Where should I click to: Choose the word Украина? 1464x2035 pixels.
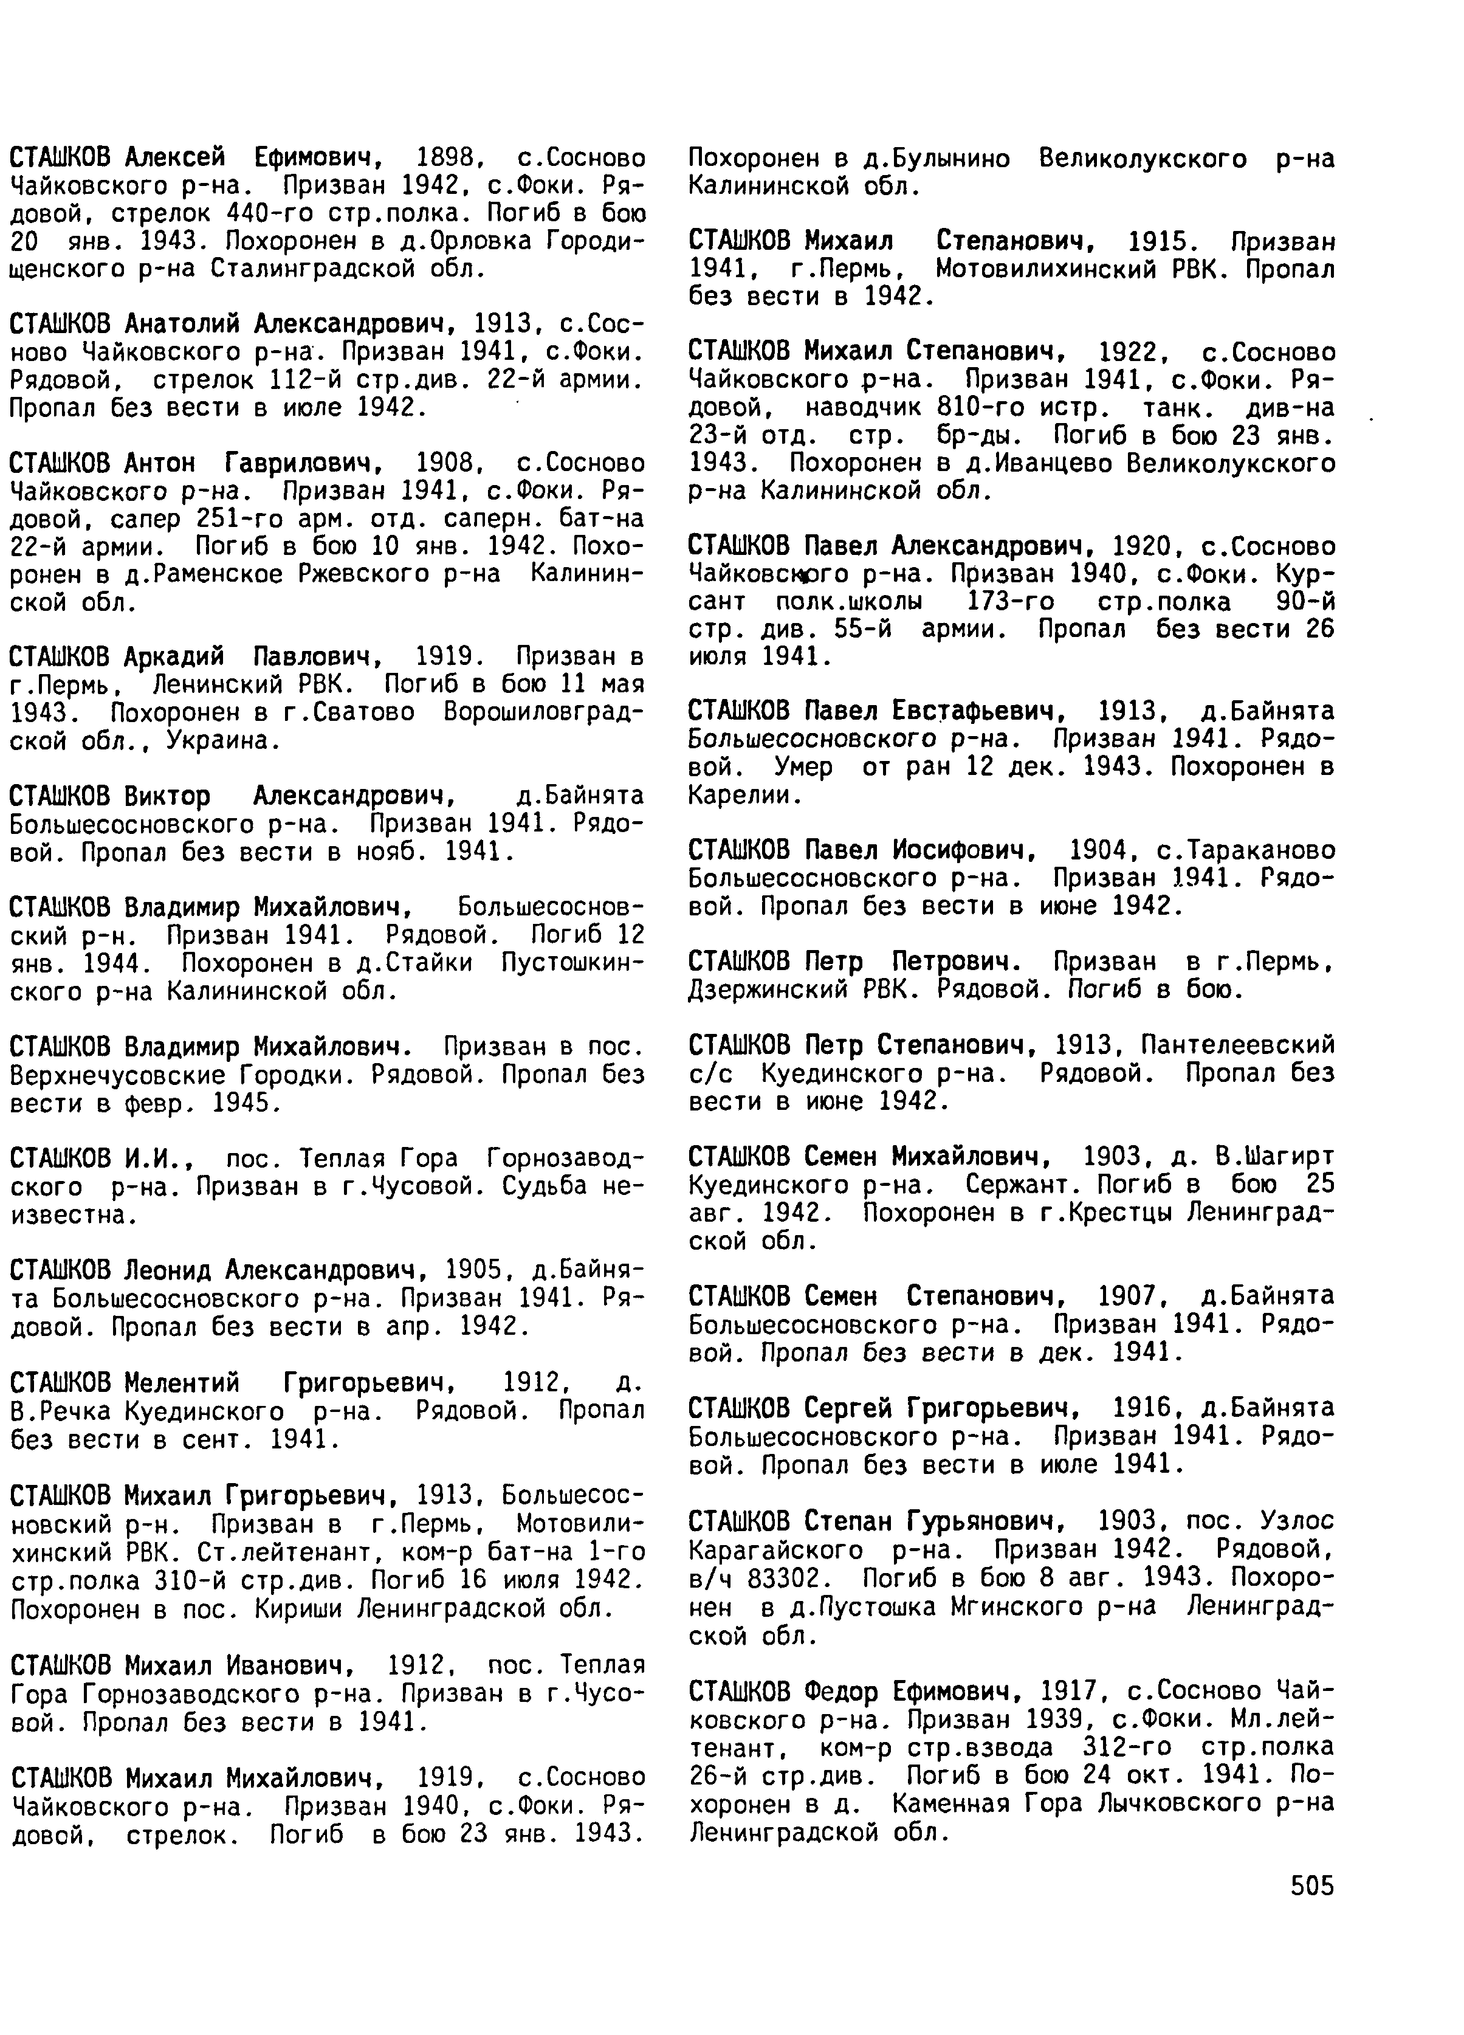230,741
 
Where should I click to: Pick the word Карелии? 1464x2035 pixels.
743,795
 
